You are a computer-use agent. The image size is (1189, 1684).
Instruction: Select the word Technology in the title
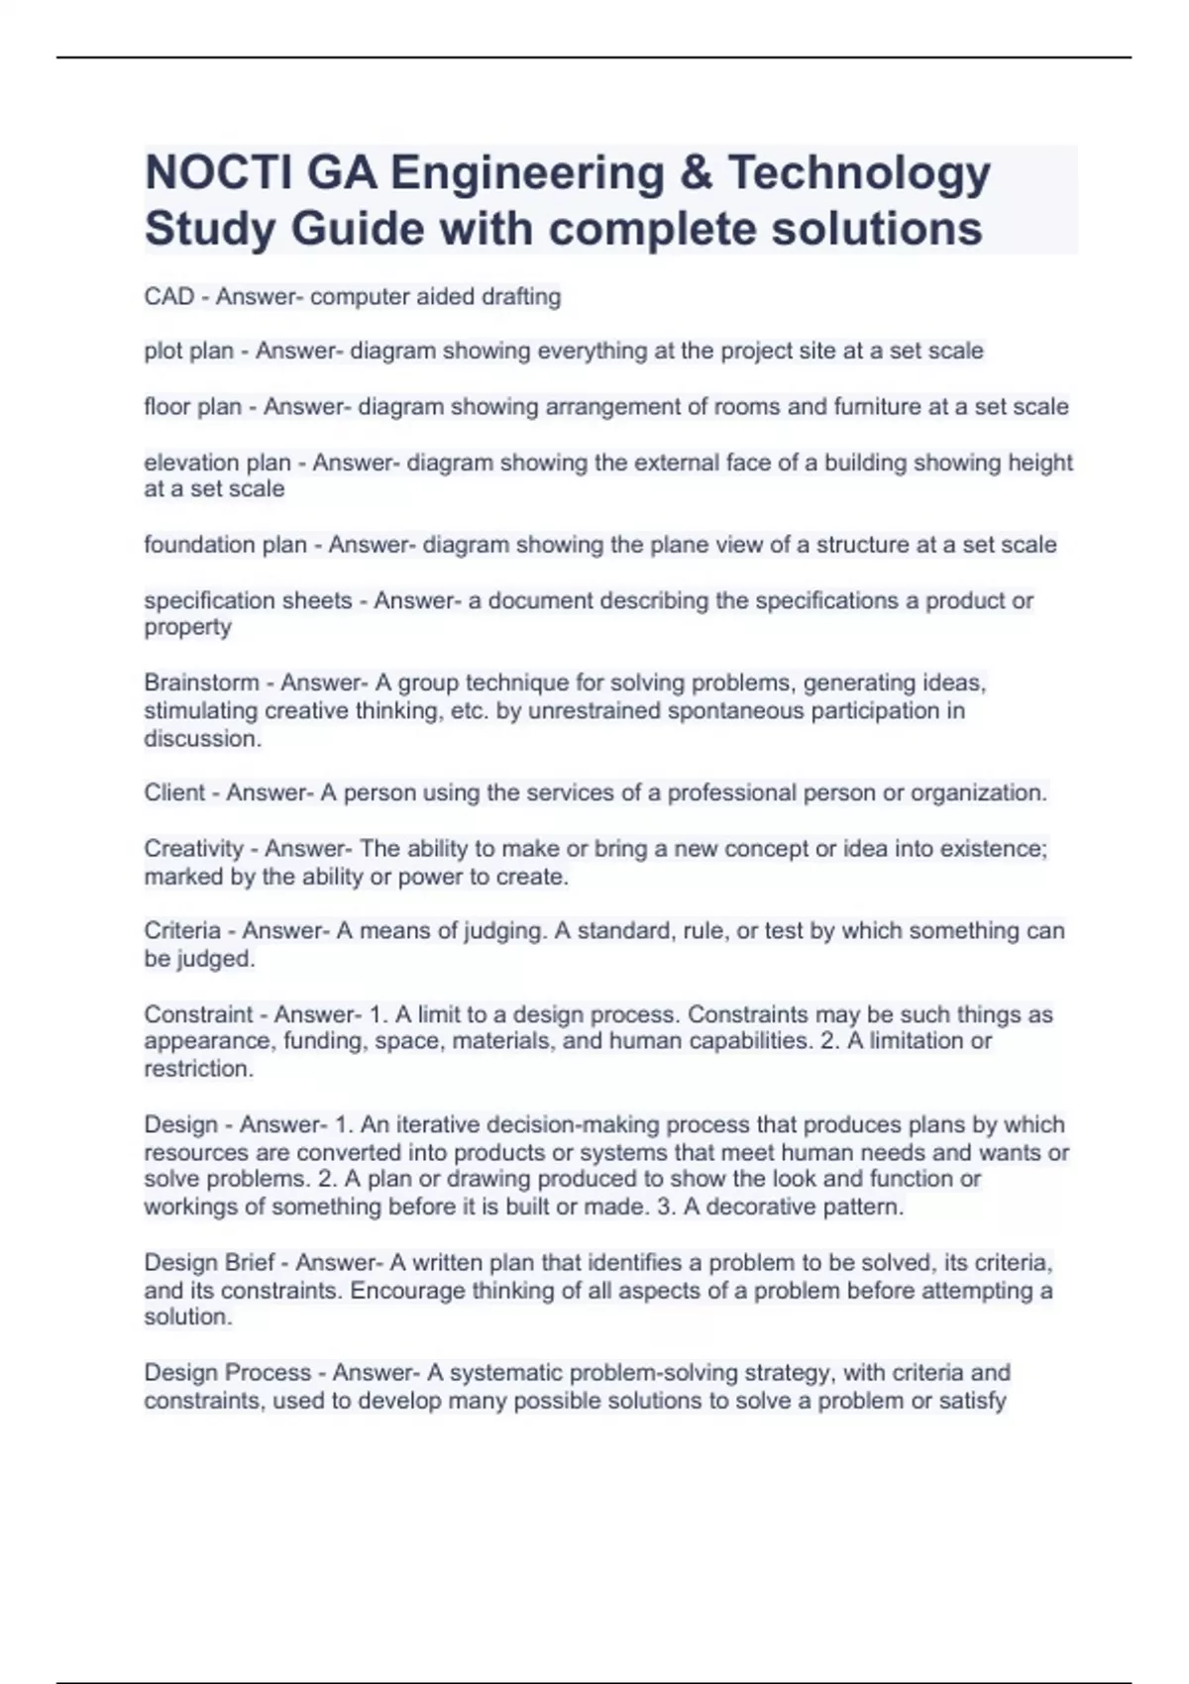click(859, 173)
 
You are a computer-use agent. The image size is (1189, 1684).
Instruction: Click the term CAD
click(169, 296)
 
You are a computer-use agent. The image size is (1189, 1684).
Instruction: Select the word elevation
click(192, 463)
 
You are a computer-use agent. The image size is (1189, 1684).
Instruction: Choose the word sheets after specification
click(316, 600)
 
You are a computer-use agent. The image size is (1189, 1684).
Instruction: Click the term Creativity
click(193, 849)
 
